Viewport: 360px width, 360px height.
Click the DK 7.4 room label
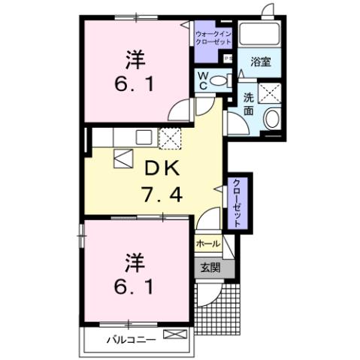pyautogui.click(x=161, y=180)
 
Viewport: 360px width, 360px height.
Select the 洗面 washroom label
pyautogui.click(x=249, y=104)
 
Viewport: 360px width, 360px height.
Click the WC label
pyautogui.click(x=203, y=80)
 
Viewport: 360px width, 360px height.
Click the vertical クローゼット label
pyautogui.click(x=237, y=201)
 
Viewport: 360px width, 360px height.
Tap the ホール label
pyautogui.click(x=207, y=244)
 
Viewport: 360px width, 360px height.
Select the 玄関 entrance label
pyautogui.click(x=207, y=265)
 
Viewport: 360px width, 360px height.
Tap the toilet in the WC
pyautogui.click(x=219, y=80)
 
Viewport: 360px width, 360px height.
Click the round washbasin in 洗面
pyautogui.click(x=272, y=118)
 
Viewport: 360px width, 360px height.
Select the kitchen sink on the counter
pyautogui.click(x=144, y=137)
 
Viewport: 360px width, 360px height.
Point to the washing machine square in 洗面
pyautogui.click(x=268, y=93)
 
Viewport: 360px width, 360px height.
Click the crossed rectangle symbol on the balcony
pyautogui.click(x=173, y=336)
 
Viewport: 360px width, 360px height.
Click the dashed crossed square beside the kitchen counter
pyautogui.click(x=171, y=138)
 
